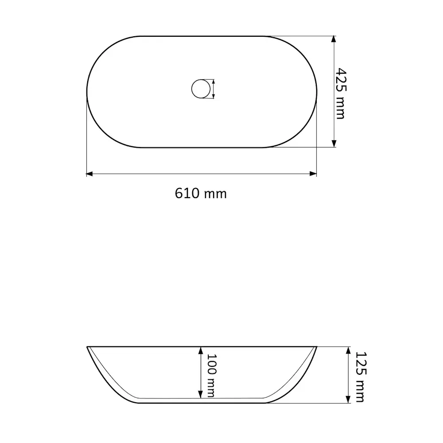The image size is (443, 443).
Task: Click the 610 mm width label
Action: click(x=201, y=194)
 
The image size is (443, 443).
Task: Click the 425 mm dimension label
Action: click(x=340, y=93)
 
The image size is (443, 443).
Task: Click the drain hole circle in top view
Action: click(x=200, y=89)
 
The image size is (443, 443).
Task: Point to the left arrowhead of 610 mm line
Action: click(x=89, y=174)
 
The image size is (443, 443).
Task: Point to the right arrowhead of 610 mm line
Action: click(x=314, y=174)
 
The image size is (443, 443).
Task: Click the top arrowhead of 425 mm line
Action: click(x=333, y=39)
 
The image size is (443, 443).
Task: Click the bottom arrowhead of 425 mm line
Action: click(x=333, y=144)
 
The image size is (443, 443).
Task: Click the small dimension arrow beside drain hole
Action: click(x=214, y=89)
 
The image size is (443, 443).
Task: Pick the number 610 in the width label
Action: click(x=188, y=194)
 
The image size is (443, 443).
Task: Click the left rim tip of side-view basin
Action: click(x=87, y=347)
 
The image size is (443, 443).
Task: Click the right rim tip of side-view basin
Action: click(x=316, y=347)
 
